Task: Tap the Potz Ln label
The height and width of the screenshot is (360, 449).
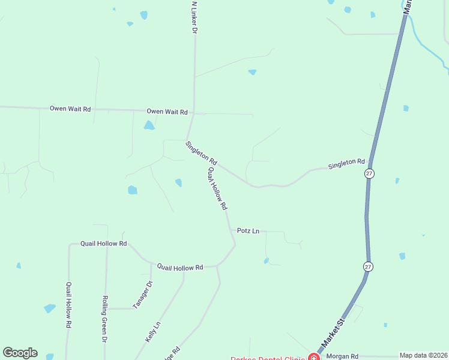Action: click(x=248, y=230)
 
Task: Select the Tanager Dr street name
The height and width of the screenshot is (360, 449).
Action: click(x=147, y=295)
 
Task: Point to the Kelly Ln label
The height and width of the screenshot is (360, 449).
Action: click(x=153, y=332)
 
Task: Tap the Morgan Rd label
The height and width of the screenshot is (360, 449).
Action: click(x=342, y=356)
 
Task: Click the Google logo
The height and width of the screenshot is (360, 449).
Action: click(x=20, y=353)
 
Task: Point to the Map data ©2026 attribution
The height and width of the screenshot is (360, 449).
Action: click(x=424, y=355)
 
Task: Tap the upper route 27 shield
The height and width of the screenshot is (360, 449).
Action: click(x=369, y=173)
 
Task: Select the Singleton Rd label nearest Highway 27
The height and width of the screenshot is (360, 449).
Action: click(x=346, y=163)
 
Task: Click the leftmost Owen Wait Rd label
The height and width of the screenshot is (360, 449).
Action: click(x=70, y=109)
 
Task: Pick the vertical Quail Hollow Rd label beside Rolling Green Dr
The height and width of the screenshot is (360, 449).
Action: click(x=69, y=304)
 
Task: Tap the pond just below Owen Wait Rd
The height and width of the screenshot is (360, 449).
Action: click(x=149, y=125)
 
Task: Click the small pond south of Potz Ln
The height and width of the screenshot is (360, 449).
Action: click(x=266, y=261)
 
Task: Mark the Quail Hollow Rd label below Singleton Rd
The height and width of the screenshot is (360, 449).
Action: click(x=217, y=188)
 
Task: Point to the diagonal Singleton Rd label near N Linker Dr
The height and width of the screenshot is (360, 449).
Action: click(x=201, y=152)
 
